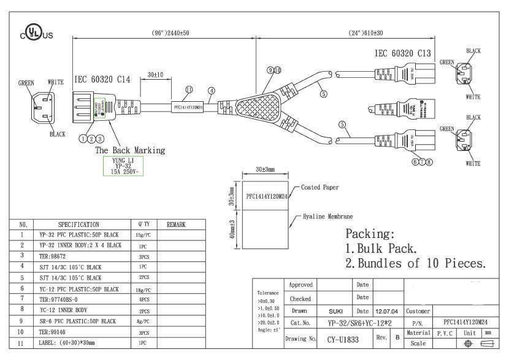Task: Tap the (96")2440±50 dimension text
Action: pos(164,32)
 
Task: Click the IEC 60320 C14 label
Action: pos(102,80)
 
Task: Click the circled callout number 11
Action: pos(189,90)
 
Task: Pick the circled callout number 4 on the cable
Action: pos(211,90)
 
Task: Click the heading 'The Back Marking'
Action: pos(129,150)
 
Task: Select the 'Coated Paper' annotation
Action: pos(320,188)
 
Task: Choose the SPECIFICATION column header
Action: pos(78,225)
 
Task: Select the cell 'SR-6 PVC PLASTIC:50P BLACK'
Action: pos(77,321)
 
